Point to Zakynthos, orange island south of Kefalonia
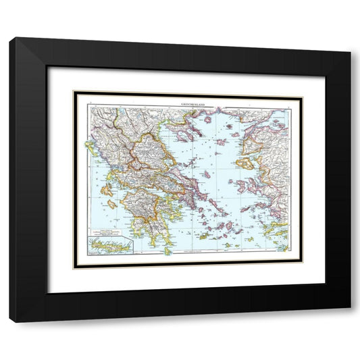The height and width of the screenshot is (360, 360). pos(112,204)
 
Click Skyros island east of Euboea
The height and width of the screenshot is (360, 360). pos(207,174)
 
